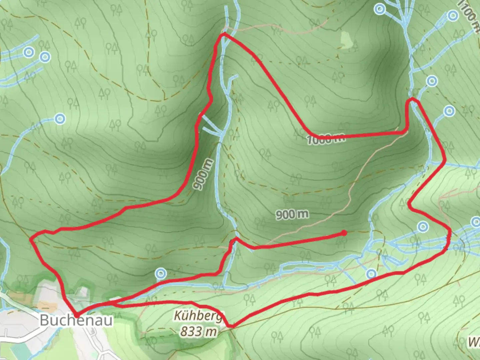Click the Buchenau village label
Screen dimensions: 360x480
[x=76, y=320]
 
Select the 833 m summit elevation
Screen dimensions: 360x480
[x=199, y=331]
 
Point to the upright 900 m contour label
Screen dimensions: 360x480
[x=292, y=214]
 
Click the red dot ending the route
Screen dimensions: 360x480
[x=344, y=233]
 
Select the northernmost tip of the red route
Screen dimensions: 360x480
[x=224, y=34]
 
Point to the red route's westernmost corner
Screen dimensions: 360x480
[x=31, y=239]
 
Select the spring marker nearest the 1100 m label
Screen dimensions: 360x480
[x=453, y=15]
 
